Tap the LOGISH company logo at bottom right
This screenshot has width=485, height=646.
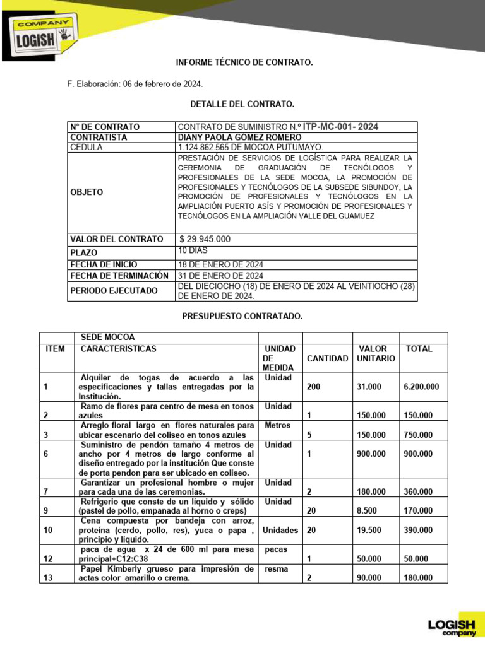point(452,625)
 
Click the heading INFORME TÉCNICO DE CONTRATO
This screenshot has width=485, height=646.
point(244,63)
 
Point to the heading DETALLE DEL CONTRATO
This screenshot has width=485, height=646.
point(242,103)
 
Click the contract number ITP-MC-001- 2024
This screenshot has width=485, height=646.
point(340,127)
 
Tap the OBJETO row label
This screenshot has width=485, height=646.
point(87,192)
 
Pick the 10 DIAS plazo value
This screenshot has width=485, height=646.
point(193,250)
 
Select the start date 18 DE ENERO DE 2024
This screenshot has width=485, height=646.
point(220,264)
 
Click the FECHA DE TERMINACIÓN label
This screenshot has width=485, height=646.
point(119,276)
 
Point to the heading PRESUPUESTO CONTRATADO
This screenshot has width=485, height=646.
point(242,315)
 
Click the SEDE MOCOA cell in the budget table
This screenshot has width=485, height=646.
point(108,338)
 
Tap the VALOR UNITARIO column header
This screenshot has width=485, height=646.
point(375,353)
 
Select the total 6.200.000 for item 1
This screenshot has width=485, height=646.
point(422,387)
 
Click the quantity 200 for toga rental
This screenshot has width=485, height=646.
point(313,387)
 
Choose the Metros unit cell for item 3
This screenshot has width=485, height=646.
point(277,426)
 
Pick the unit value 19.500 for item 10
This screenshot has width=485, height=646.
point(369,531)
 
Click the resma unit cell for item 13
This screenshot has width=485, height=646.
point(276,569)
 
